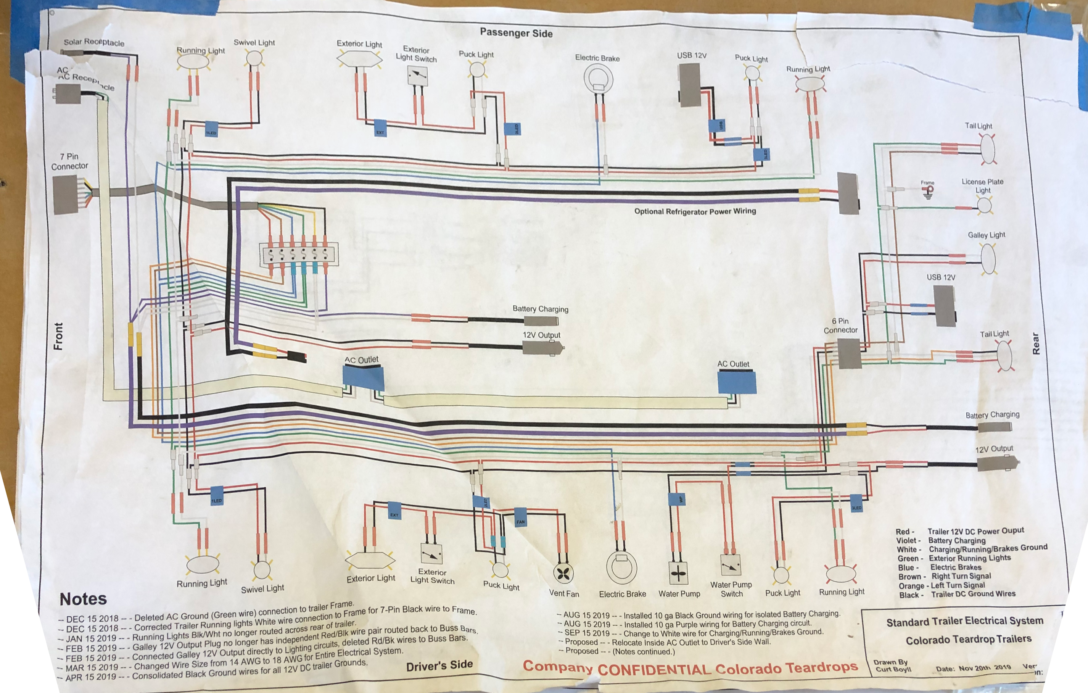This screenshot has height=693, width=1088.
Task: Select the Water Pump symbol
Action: point(678,574)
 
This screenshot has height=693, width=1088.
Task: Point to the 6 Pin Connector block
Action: point(848,353)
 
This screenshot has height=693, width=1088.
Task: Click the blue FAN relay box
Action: point(520,521)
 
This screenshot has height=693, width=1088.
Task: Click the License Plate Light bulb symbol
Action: point(985,206)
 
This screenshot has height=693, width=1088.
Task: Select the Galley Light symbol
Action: point(988,259)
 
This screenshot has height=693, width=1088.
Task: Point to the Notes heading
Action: point(83,599)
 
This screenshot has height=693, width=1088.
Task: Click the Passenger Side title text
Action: point(516,32)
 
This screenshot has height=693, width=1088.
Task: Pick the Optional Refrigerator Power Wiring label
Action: point(695,211)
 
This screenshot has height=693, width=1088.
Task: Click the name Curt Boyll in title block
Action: point(893,669)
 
